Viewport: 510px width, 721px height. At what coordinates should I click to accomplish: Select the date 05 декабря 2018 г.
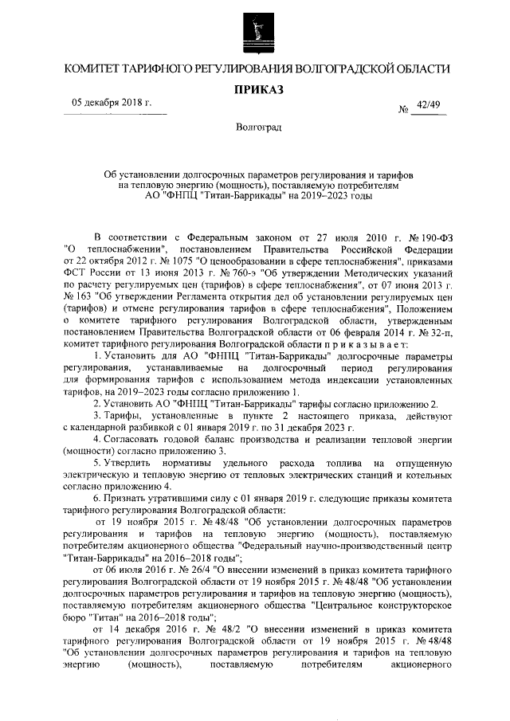(x=112, y=104)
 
